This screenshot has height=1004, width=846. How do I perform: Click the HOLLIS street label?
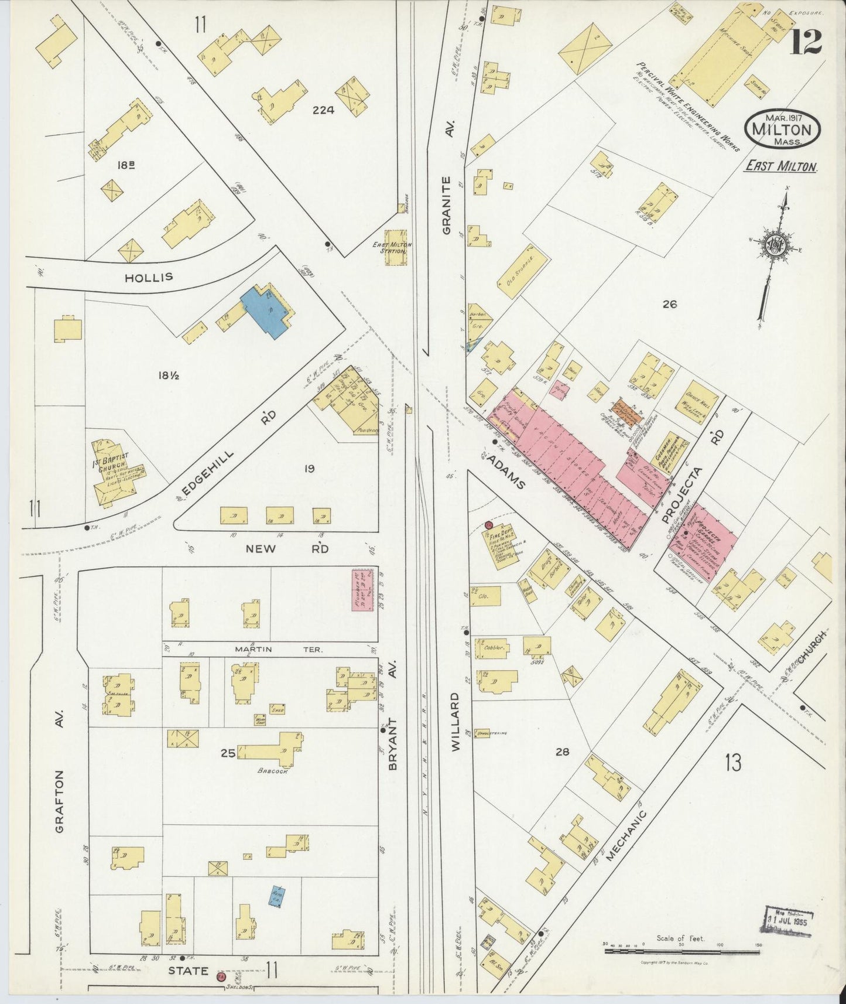[x=149, y=276]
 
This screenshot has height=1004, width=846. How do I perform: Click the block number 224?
[x=323, y=110]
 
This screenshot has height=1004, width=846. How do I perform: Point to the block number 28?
[x=562, y=751]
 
